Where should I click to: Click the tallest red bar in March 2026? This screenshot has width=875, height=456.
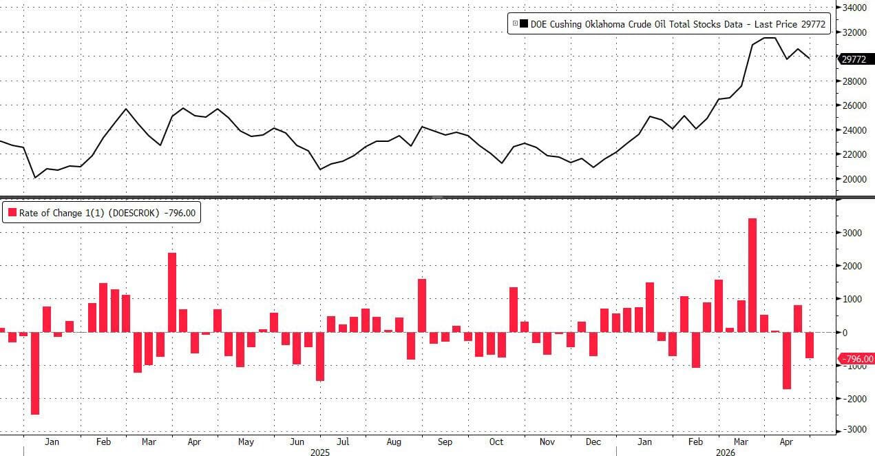click(x=752, y=275)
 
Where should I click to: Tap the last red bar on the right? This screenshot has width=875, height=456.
click(x=809, y=345)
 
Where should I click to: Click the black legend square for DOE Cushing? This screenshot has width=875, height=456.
click(x=525, y=23)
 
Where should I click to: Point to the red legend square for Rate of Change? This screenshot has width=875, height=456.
click(x=12, y=213)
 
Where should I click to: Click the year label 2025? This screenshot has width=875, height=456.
click(x=320, y=453)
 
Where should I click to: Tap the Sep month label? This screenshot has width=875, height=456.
click(x=445, y=442)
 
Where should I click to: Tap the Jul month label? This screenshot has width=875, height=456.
click(x=342, y=442)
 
